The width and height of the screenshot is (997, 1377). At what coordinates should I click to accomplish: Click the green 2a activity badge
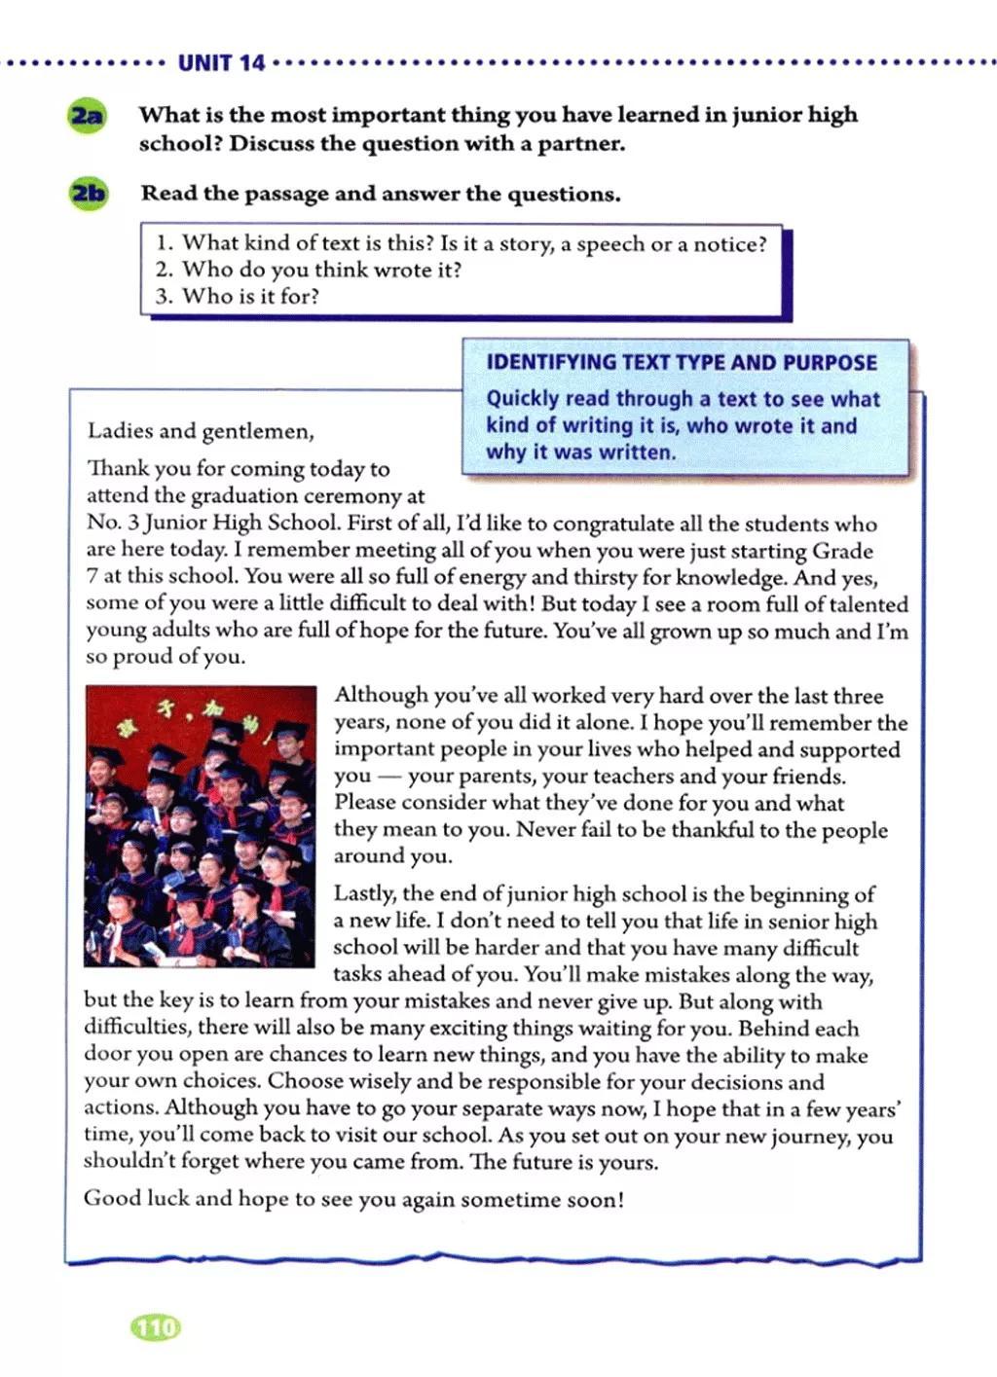[87, 116]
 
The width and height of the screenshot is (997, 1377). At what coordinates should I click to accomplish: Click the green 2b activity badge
[88, 194]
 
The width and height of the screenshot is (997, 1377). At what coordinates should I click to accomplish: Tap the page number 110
[156, 1326]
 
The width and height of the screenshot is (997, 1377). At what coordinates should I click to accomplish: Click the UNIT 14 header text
[221, 64]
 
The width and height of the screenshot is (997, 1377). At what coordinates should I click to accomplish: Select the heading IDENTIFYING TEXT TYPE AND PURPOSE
[682, 363]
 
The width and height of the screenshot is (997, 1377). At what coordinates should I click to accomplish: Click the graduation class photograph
[201, 825]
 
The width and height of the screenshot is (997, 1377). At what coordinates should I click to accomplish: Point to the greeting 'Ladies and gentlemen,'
[201, 431]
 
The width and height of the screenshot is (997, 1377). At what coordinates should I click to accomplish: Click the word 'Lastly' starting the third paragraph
[364, 893]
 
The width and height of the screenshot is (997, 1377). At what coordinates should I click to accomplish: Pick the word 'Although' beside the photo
[381, 695]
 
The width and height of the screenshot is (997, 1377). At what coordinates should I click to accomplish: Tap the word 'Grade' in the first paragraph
[842, 551]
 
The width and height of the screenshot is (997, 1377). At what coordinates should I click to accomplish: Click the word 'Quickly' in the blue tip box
[523, 399]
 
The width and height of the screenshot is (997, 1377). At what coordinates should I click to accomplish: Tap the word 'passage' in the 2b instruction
[286, 194]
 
